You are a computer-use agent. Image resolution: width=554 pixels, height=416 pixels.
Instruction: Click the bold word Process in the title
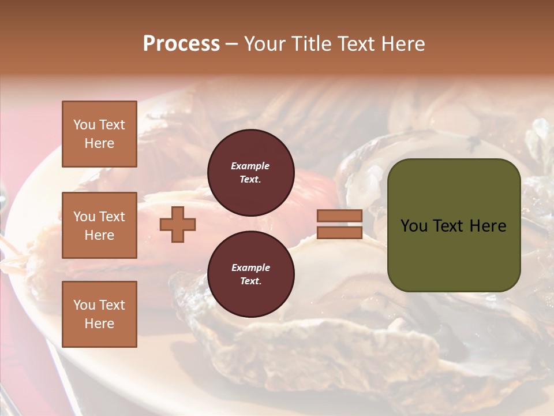click(x=181, y=44)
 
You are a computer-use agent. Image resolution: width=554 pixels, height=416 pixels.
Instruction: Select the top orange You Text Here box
click(x=99, y=134)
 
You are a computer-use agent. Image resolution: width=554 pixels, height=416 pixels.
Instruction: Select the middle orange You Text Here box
click(x=99, y=225)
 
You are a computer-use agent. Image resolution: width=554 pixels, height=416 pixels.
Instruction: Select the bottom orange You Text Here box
click(x=99, y=314)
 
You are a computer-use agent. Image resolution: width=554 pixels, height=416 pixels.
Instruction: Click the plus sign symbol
click(x=178, y=224)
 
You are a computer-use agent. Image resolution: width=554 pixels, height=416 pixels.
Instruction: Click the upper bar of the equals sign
click(x=340, y=216)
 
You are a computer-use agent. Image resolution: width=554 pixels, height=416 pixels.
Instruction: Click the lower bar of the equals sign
click(x=340, y=232)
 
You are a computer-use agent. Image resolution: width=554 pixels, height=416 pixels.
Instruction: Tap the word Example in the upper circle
click(x=250, y=166)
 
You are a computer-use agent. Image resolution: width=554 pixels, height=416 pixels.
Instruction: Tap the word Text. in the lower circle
click(x=250, y=281)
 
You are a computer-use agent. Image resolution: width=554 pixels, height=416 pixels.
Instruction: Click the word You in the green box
click(x=414, y=226)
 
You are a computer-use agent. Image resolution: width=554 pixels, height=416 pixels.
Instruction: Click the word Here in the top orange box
click(x=99, y=143)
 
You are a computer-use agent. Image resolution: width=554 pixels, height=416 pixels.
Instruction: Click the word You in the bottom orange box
click(x=84, y=305)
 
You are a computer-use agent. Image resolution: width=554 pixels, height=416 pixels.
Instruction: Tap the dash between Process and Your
click(x=232, y=44)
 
